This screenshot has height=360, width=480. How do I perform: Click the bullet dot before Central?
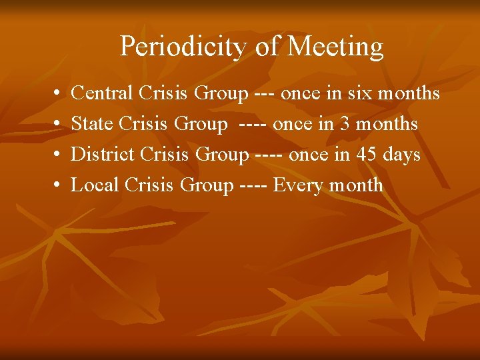53,94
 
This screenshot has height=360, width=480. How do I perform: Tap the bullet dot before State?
53,125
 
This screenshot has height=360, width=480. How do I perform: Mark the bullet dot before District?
53,155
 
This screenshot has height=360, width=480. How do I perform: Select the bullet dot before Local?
53,186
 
